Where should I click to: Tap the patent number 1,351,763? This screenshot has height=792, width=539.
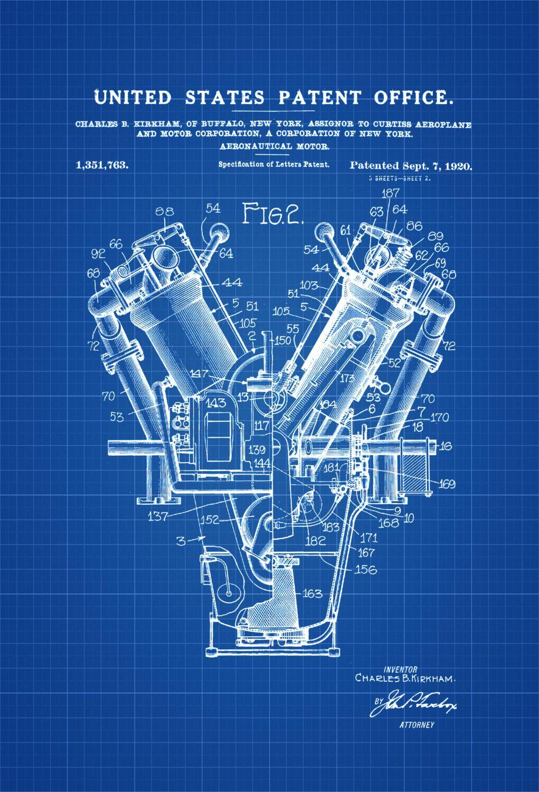pyautogui.click(x=102, y=165)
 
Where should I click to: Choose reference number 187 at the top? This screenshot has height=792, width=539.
pyautogui.click(x=390, y=193)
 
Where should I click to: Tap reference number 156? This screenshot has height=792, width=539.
pyautogui.click(x=365, y=570)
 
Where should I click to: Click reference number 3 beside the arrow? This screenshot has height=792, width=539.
pyautogui.click(x=181, y=540)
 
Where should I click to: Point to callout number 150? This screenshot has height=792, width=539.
pyautogui.click(x=283, y=341)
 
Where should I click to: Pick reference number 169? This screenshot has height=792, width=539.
pyautogui.click(x=446, y=484)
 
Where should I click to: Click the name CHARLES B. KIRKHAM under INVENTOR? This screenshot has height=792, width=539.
pyautogui.click(x=405, y=678)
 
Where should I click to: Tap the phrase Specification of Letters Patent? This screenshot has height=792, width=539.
pyautogui.click(x=275, y=164)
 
